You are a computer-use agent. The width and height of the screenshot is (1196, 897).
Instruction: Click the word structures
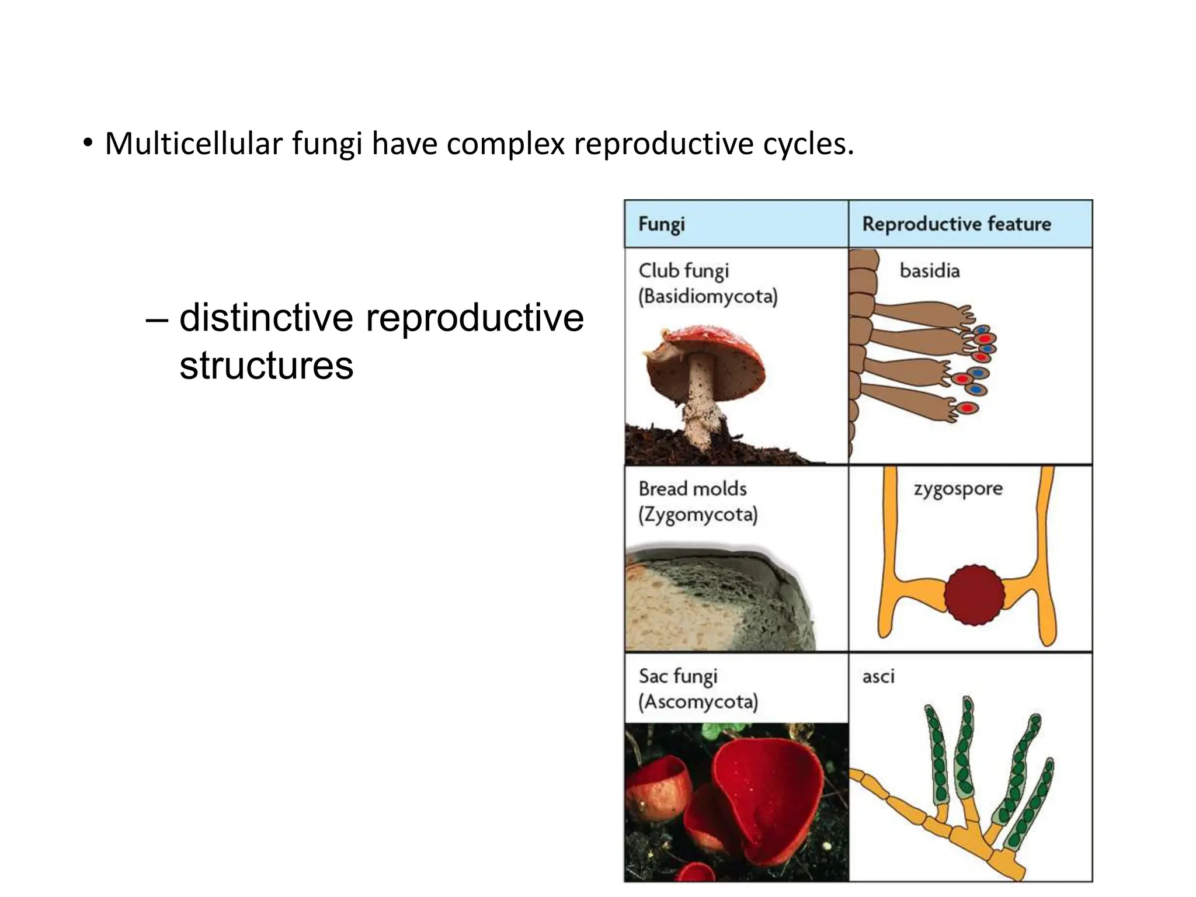[266, 366]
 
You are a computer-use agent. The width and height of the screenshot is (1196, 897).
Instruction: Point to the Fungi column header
[661, 224]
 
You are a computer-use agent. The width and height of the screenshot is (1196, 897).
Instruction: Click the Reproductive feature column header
[957, 224]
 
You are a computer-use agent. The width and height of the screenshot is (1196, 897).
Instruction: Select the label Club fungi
[683, 271]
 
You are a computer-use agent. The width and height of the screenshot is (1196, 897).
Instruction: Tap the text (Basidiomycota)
[708, 297]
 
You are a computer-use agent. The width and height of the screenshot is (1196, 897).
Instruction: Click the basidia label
[930, 271]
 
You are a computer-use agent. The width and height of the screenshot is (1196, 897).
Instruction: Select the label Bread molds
[693, 489]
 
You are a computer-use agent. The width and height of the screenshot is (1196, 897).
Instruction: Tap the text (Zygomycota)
[698, 514]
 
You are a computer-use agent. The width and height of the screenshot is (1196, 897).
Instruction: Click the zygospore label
[958, 489]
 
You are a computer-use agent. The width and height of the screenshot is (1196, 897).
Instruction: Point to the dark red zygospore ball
[974, 595]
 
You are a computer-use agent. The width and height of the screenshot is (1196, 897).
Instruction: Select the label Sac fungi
[677, 676]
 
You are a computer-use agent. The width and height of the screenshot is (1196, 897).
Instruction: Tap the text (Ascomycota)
[698, 702]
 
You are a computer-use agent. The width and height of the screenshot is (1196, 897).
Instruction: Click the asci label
[878, 677]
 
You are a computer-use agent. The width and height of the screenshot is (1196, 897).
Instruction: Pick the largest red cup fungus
[759, 800]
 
